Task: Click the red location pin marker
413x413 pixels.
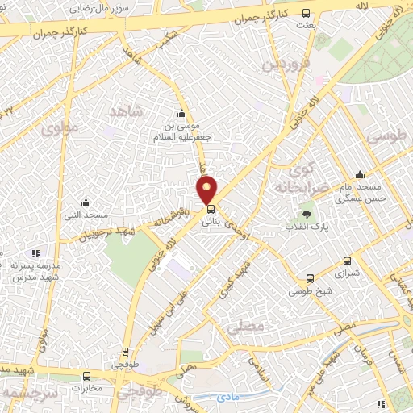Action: point(208,190)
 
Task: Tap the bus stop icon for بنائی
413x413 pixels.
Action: point(211,209)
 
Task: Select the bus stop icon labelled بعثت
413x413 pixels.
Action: point(306,14)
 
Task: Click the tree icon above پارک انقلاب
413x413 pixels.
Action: point(307,214)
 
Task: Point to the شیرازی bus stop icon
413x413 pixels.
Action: point(348,261)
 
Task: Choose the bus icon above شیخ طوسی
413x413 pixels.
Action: point(310,279)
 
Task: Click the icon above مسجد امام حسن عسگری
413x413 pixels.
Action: point(360,175)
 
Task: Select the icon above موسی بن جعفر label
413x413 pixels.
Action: point(182,114)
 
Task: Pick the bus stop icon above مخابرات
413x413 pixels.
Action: point(87,374)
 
